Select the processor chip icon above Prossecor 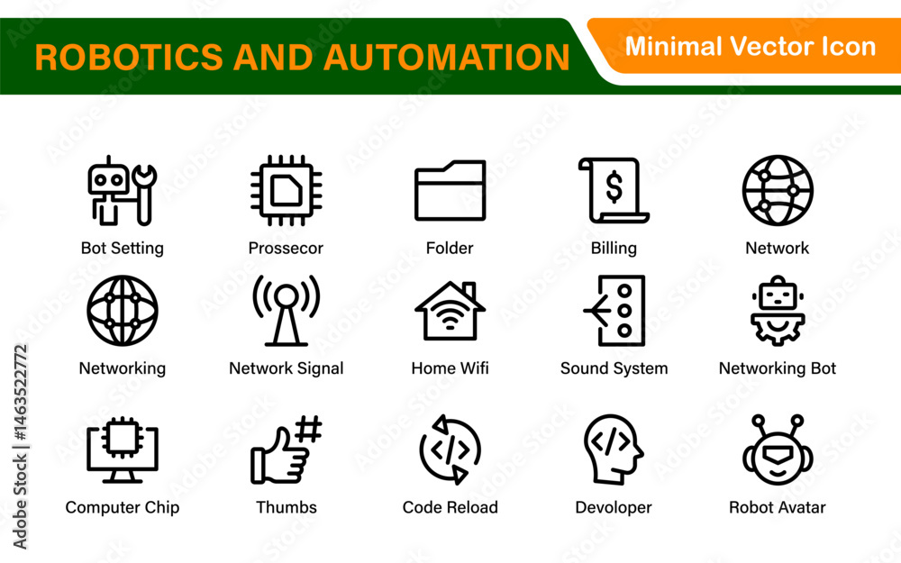coord(287,190)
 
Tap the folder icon coord(450,191)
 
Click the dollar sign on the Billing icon coord(614,187)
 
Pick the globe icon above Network coord(778,190)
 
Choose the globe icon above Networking coord(123,311)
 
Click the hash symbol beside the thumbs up coord(308,429)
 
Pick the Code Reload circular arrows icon coord(450,449)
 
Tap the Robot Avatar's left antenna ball coord(759,421)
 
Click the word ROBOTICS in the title coord(129,57)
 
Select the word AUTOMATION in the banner coord(447,57)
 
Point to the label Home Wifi coord(450,368)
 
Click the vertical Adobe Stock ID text coord(20,447)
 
